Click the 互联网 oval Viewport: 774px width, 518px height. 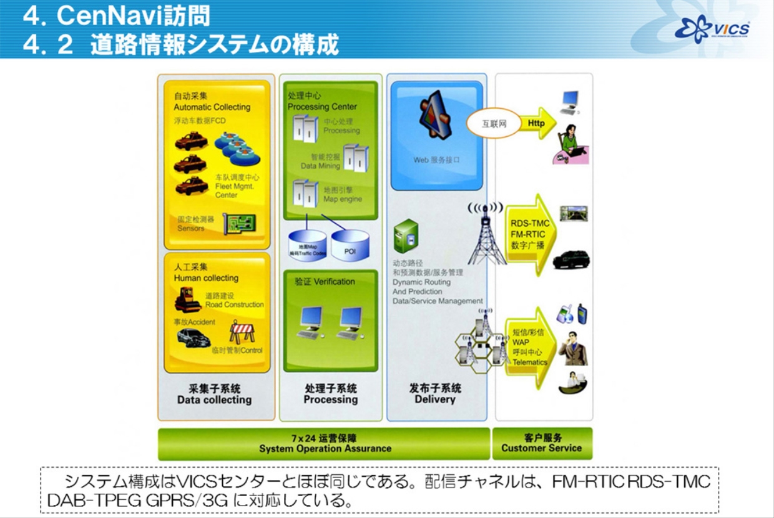(x=493, y=124)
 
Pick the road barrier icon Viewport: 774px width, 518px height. (x=242, y=332)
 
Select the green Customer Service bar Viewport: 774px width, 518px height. (x=541, y=443)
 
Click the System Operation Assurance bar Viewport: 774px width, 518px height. (x=325, y=443)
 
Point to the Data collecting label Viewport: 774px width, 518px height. (x=214, y=394)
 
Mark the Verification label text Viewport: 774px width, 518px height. (x=325, y=282)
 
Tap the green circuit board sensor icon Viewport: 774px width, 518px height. (x=239, y=224)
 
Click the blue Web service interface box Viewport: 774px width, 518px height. (x=437, y=135)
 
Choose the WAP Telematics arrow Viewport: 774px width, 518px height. (x=529, y=347)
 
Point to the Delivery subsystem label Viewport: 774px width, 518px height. (x=435, y=394)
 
